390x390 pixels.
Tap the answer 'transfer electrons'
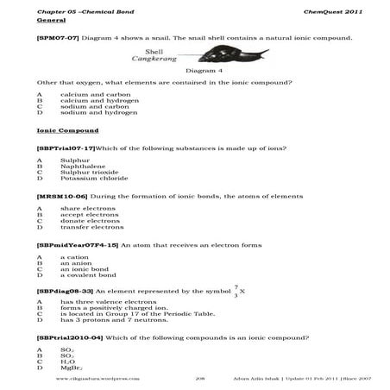[91, 228]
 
